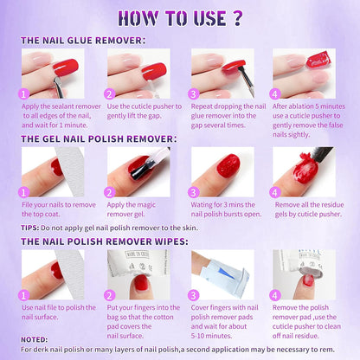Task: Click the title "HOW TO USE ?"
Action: [x=179, y=18]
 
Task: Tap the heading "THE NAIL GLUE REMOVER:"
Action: [x=83, y=41]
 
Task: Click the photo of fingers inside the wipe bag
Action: [x=136, y=274]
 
